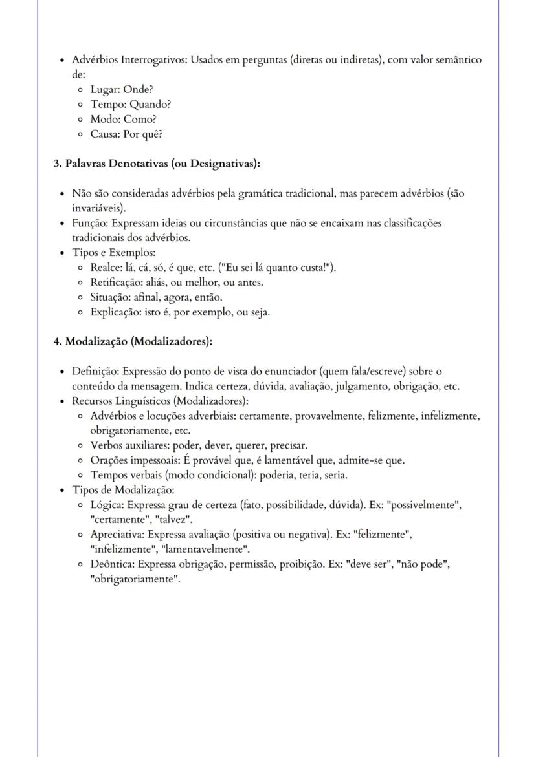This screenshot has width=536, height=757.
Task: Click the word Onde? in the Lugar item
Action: point(138,90)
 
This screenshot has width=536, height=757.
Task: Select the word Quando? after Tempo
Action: point(150,105)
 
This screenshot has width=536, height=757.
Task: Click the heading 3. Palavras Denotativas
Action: point(157,164)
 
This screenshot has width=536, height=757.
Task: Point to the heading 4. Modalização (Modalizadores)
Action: point(133,342)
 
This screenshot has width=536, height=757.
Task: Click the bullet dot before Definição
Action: point(61,372)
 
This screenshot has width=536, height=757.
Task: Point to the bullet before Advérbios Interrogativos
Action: point(61,61)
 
